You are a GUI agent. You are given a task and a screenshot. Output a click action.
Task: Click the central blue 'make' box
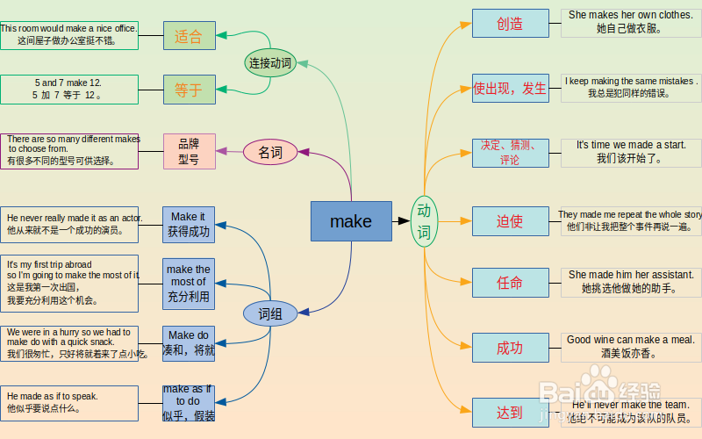tap(351, 221)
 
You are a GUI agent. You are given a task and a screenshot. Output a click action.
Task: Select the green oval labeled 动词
tap(424, 221)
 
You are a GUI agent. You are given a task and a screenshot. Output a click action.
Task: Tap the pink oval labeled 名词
tap(270, 153)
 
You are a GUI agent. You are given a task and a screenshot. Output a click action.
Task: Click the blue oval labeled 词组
tap(270, 313)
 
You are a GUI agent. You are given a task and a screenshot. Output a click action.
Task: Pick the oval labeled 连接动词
tap(270, 62)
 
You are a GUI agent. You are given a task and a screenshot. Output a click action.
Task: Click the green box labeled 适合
tap(189, 36)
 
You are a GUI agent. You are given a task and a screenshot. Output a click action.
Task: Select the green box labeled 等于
tap(189, 89)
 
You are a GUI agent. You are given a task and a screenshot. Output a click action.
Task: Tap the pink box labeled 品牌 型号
tap(189, 151)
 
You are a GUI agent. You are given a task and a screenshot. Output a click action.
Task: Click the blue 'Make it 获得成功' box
tap(189, 224)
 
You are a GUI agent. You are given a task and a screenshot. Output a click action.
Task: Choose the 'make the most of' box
tap(189, 283)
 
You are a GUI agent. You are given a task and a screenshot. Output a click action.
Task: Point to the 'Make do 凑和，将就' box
tap(189, 343)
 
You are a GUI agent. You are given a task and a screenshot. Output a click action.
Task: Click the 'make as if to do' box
tap(189, 402)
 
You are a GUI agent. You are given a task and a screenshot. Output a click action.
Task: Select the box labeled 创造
tap(510, 23)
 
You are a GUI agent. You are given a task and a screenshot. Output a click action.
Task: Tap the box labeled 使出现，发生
tap(510, 88)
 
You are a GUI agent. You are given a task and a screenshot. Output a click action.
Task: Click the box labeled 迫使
tap(510, 221)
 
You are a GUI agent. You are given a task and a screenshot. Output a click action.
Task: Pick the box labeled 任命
tap(510, 283)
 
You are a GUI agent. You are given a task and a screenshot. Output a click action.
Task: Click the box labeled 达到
tap(510, 413)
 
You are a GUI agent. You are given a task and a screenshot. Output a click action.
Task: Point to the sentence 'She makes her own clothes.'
tap(630, 15)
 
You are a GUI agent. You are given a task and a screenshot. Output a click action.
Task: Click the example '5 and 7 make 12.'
tap(68, 83)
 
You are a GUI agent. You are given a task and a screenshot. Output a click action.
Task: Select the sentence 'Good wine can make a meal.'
tap(630, 340)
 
